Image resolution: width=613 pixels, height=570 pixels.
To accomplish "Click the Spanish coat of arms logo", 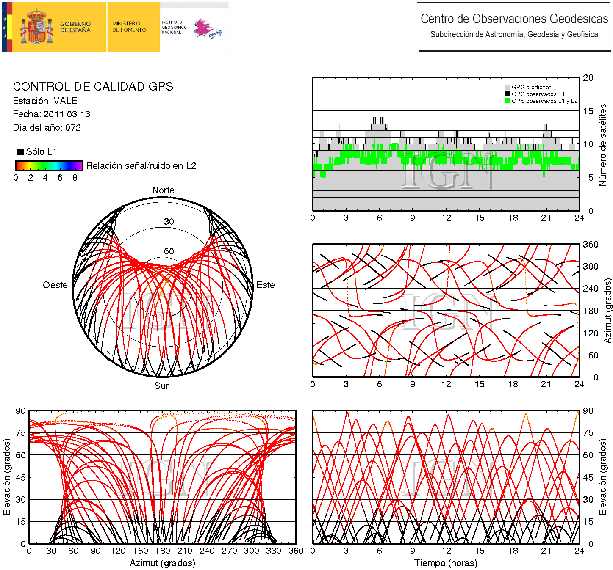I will tap(37, 28).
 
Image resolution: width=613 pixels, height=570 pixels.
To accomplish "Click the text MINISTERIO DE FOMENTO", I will tap(129, 27).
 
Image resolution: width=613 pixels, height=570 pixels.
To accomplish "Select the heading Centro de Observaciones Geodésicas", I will tap(514, 19).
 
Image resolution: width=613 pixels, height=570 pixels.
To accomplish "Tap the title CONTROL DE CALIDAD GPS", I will tap(93, 87).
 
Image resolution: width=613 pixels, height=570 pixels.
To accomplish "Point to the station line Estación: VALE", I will tap(45, 101).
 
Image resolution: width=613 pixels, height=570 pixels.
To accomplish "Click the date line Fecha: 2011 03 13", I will tap(51, 114).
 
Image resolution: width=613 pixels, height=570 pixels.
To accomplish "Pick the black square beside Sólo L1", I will tap(20, 152).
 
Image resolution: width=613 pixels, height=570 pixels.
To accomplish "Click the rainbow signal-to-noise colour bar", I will tap(49, 165).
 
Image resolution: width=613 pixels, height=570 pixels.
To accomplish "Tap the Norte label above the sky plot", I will tap(163, 190).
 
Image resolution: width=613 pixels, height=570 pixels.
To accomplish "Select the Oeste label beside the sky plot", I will tap(55, 285).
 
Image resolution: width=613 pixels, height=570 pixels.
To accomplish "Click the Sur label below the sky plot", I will tap(161, 386).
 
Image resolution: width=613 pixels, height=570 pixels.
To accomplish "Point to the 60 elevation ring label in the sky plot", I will tap(169, 251).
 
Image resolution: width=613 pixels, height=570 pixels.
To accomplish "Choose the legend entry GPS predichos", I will tap(531, 87).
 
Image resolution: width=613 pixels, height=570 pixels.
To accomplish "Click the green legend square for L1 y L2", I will tap(508, 101).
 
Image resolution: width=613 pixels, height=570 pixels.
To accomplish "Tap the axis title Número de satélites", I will tap(602, 145).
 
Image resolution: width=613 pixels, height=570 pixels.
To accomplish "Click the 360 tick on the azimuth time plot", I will tap(590, 245).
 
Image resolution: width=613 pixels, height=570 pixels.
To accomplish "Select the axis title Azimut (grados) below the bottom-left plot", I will tap(162, 563).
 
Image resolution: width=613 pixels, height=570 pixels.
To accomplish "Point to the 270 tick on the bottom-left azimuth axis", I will tap(229, 551).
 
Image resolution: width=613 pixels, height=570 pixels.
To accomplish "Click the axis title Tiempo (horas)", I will tap(446, 563).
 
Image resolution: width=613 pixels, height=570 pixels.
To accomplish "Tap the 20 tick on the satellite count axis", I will tap(588, 78).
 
